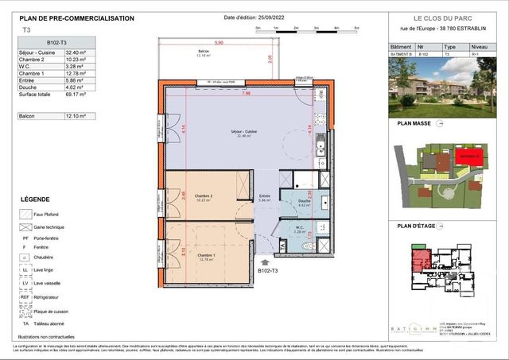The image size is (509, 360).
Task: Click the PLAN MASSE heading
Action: [x=415, y=125]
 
